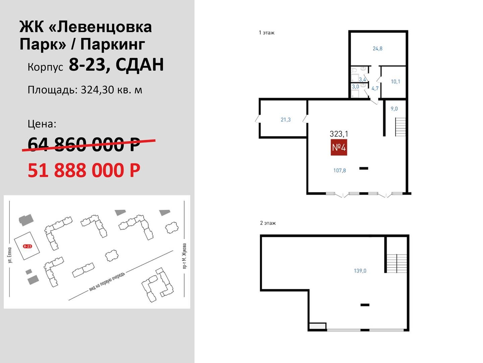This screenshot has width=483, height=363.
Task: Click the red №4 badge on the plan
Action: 339,147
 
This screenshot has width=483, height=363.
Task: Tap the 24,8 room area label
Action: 377,48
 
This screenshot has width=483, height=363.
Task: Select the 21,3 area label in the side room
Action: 286,120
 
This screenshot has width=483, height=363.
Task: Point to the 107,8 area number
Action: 339,170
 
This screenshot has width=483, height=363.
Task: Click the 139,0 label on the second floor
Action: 360,271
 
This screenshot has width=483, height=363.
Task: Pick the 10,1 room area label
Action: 395,82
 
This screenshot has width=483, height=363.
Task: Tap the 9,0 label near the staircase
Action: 394,109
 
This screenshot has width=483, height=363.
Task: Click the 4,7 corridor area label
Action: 375,88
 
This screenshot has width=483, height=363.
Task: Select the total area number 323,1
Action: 339,134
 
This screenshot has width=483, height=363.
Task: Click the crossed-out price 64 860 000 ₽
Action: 84,145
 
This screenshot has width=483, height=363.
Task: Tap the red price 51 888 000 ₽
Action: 84,170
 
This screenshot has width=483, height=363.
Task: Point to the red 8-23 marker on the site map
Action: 28,246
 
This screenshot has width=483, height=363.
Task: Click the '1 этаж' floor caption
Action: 267,33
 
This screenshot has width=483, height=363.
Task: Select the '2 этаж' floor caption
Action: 268,223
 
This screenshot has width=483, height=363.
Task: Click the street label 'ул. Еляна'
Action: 10,255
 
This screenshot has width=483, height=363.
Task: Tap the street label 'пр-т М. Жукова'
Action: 184,256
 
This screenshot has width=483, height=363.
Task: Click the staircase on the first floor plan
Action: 400,127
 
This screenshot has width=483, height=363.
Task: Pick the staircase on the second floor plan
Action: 397,264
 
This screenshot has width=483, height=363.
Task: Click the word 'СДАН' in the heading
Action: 140,65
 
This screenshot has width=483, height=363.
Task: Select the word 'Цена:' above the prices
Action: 42,124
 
